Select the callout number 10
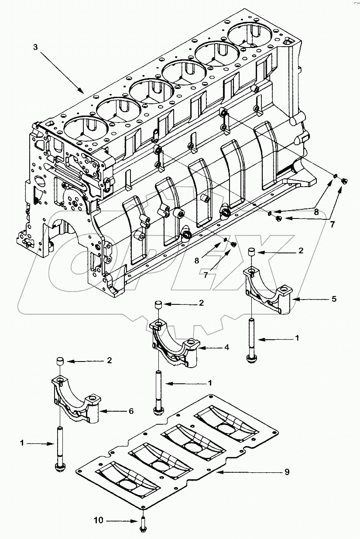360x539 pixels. point(98,520)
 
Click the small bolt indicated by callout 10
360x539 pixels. point(143,523)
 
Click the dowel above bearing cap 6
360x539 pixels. point(60,362)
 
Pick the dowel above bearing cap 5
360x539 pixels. point(251,252)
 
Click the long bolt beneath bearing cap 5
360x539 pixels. point(251,340)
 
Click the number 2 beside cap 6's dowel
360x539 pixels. point(110,361)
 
